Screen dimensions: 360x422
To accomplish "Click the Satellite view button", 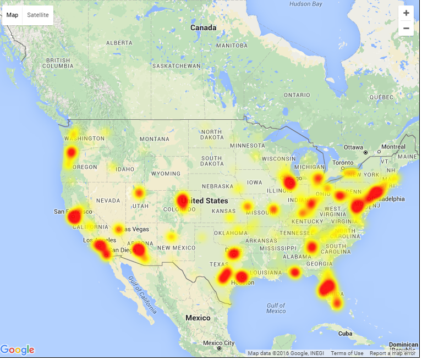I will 38,15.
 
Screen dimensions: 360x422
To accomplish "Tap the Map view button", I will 12,15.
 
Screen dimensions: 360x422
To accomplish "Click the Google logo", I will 18,350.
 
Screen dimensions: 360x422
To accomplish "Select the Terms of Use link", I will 347,353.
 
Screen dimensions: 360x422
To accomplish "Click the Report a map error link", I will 393,353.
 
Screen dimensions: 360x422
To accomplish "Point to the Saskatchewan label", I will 176,66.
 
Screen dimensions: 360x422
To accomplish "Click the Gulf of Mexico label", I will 276,308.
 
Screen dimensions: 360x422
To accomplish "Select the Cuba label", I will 345,334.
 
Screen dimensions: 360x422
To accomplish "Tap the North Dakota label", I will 211,135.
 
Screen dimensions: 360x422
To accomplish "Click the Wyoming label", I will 166,174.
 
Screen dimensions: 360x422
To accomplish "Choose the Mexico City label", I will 219,344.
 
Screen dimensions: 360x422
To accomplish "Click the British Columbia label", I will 58,63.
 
